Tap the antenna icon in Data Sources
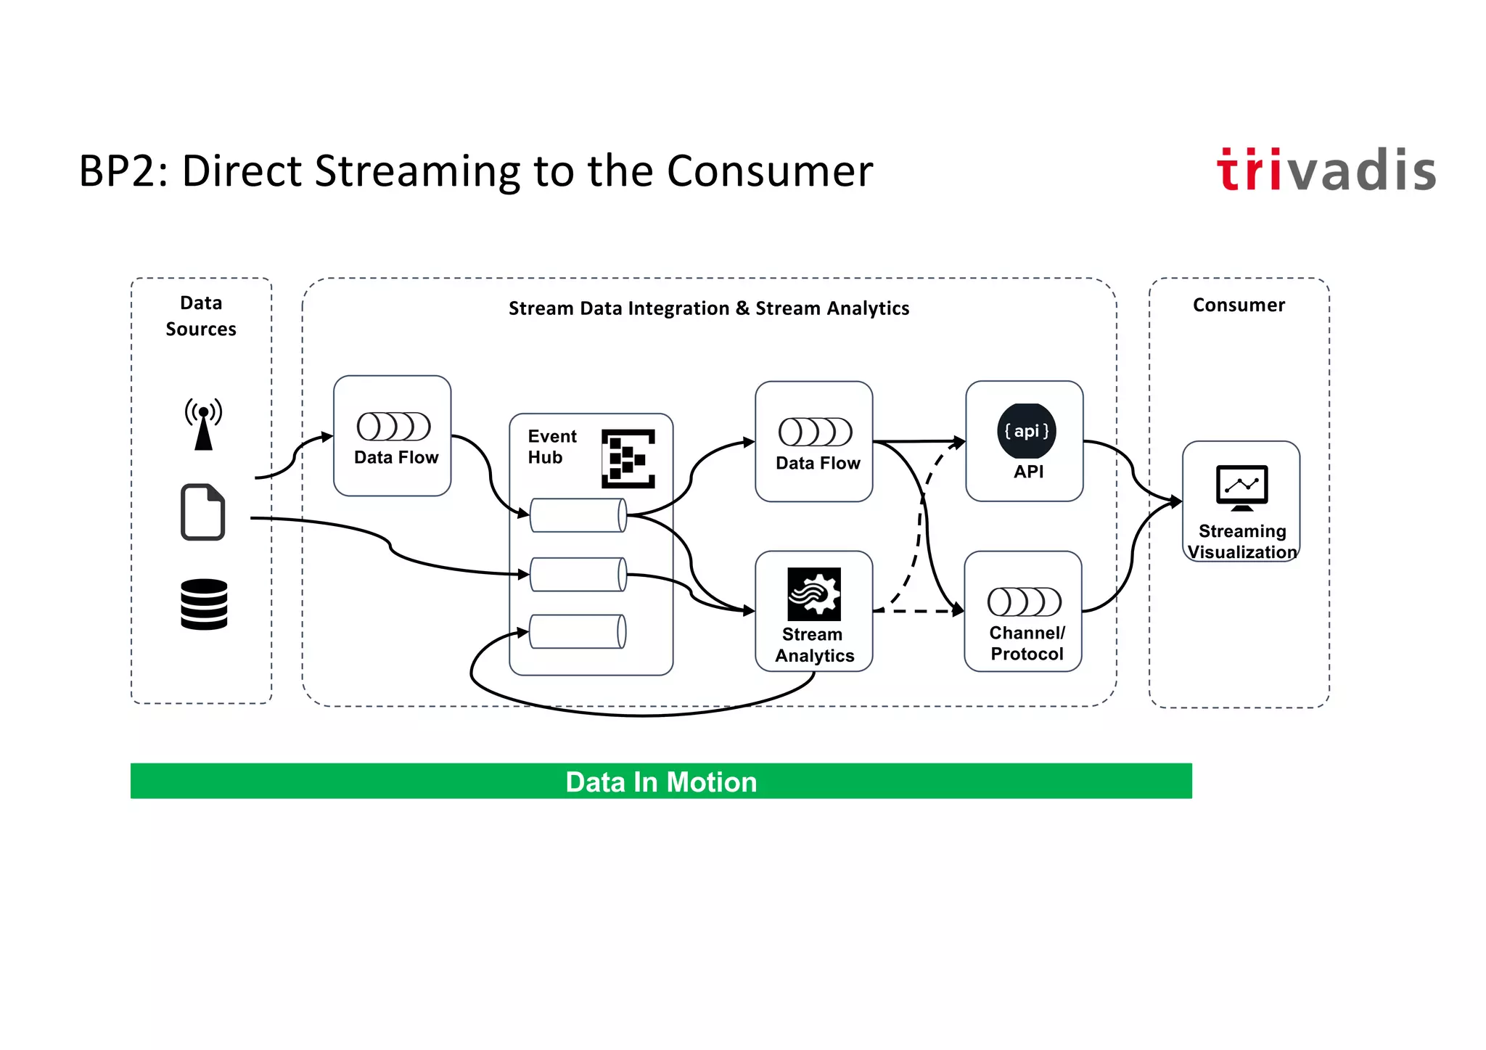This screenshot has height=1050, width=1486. [x=203, y=424]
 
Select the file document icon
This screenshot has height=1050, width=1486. [x=202, y=512]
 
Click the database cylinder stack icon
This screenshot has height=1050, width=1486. [x=204, y=604]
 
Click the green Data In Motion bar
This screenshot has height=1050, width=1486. [x=660, y=781]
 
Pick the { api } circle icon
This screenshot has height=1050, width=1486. [x=1026, y=431]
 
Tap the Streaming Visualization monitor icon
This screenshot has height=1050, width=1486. [x=1241, y=487]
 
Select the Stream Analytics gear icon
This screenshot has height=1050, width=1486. [x=814, y=594]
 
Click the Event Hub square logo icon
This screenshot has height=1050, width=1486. [x=628, y=459]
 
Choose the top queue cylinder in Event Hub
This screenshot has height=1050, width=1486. [x=578, y=515]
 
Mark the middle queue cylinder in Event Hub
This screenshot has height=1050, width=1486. [x=578, y=574]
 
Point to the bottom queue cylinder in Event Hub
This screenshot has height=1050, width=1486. [x=578, y=631]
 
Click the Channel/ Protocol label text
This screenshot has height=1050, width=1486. [x=1027, y=643]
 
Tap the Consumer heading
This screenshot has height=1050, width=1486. [x=1239, y=305]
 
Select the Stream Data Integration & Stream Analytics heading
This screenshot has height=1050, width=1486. [x=708, y=308]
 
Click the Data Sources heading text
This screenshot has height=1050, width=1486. [x=201, y=316]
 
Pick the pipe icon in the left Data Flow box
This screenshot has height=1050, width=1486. [x=393, y=427]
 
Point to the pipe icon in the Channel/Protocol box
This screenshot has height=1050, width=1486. [x=1024, y=602]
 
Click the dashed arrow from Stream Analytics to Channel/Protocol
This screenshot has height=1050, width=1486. [x=918, y=611]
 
